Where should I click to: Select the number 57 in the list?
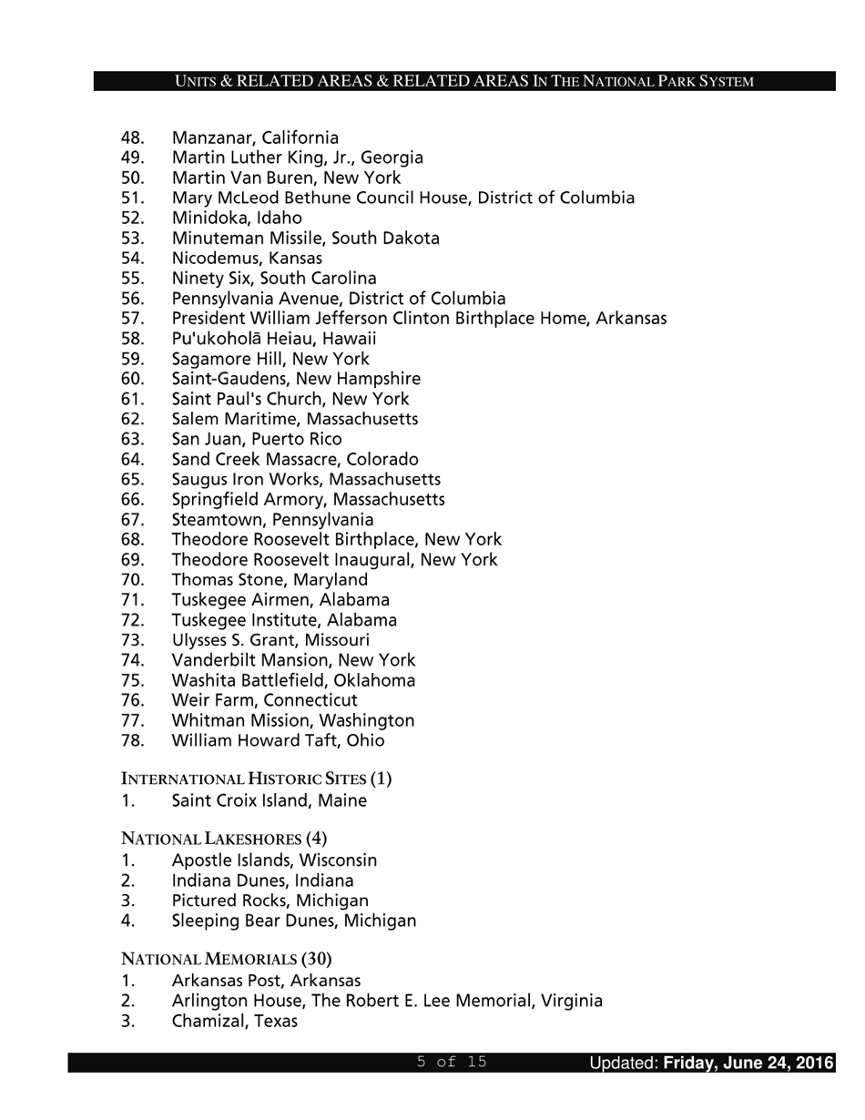[132, 319]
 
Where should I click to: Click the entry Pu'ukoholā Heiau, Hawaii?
[274, 339]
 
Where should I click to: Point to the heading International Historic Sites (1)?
[256, 779]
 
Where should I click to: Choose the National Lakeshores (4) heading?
[224, 839]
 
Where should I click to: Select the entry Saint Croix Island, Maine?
[270, 801]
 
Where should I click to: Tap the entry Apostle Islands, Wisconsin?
[274, 860]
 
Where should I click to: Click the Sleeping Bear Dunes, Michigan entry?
[294, 921]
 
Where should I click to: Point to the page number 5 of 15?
[452, 1062]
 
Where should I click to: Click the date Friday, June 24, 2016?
[748, 1063]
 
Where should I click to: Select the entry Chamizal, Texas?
[235, 1022]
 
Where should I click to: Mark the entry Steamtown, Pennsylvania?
[272, 520]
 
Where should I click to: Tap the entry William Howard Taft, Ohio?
[278, 740]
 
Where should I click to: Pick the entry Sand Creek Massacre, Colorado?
[295, 460]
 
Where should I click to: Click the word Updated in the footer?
[623, 1063]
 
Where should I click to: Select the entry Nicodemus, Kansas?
[247, 259]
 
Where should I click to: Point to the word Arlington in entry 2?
[209, 1002]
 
